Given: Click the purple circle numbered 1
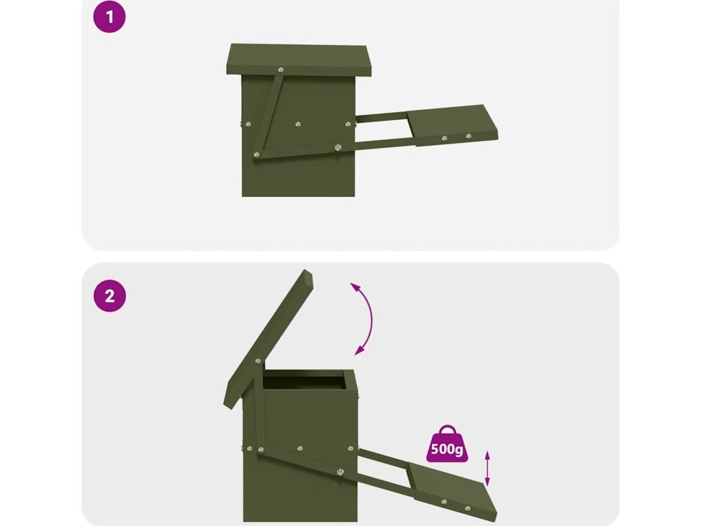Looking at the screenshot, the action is (110, 17).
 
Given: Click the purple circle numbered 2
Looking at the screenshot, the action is (110, 296).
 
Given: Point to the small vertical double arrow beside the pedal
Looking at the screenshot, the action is (487, 468).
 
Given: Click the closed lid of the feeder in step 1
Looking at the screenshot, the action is (298, 60).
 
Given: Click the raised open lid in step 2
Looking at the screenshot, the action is (268, 339).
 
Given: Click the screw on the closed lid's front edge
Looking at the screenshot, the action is (281, 70).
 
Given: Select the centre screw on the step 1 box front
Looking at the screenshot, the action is (298, 125).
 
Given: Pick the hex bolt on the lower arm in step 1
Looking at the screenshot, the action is (338, 147).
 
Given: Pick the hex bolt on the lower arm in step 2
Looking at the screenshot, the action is (340, 472).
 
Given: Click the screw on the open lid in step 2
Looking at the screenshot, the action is (258, 360).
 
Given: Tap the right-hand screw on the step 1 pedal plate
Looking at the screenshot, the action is (468, 136).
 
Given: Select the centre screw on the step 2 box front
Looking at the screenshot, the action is (300, 448).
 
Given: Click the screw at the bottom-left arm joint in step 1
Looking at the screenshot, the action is (257, 155).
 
